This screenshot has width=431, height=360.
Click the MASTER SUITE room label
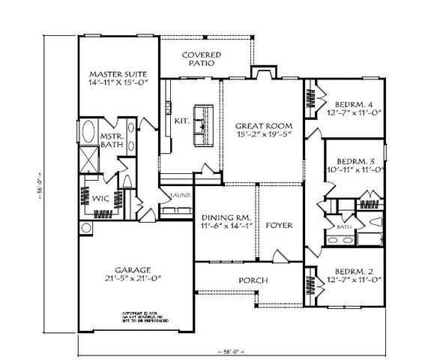click(116, 73)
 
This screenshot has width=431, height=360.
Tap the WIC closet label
click(101, 199)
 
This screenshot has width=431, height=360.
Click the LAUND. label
click(180, 196)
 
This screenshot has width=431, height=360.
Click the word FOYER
click(279, 225)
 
